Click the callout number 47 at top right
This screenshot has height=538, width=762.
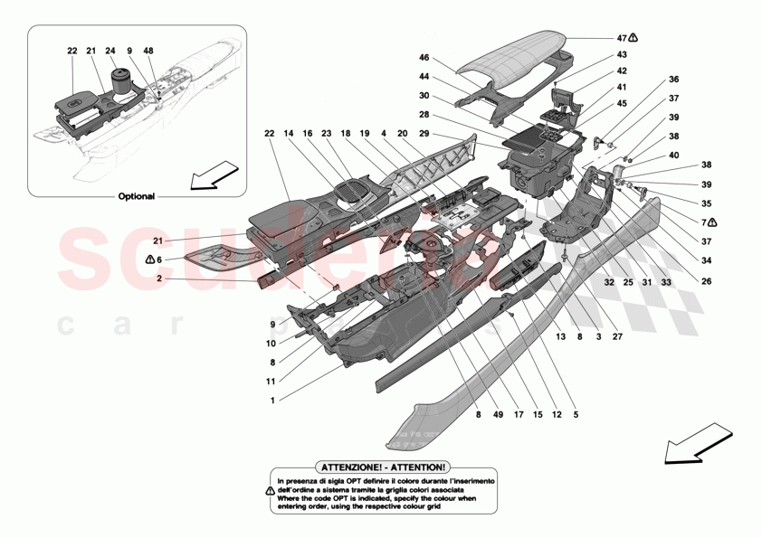point(621,38)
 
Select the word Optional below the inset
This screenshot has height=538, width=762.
point(136,195)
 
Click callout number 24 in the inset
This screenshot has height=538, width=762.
point(110,51)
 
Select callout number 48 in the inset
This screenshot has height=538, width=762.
point(148,51)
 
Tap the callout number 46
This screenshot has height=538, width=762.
point(424,57)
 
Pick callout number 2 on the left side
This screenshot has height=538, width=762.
point(159,280)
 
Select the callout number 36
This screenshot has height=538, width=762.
point(673,79)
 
